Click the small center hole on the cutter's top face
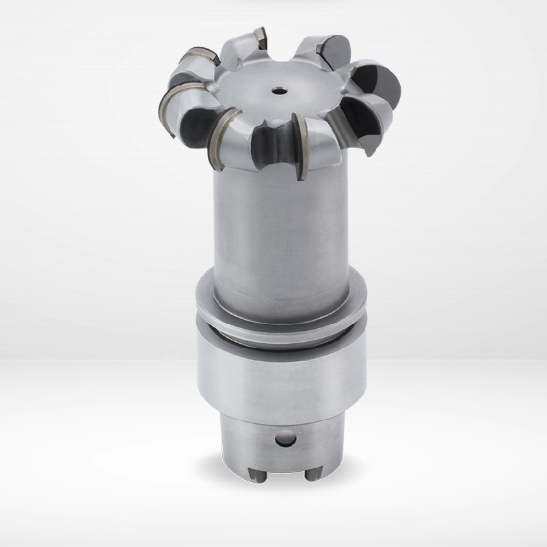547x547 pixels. pos(279,90)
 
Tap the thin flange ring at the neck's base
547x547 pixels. pos(280,301)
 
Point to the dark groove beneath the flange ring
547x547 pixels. pos(280,326)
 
